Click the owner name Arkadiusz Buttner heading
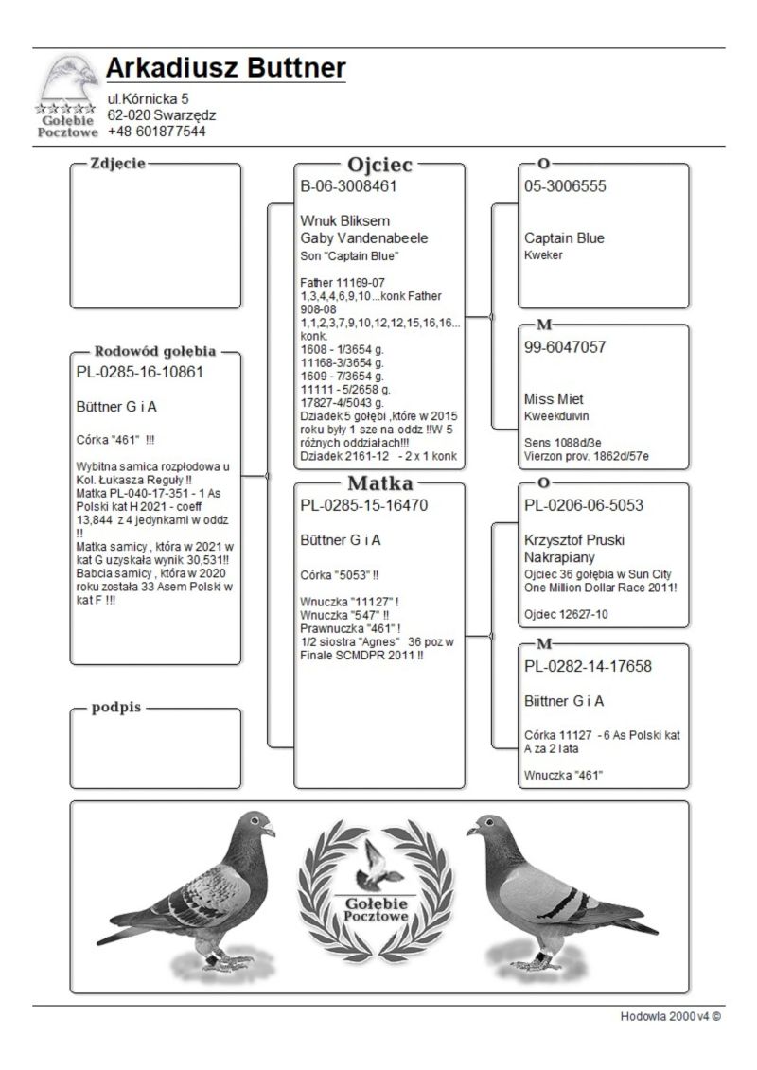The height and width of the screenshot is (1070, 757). tap(225, 68)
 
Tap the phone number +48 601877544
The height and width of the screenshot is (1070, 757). tap(156, 132)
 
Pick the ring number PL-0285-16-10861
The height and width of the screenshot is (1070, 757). tap(139, 372)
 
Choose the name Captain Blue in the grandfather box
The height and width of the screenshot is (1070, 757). tap(564, 237)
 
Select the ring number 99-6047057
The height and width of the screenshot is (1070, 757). tap(565, 347)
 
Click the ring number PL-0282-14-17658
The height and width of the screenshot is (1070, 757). tap(588, 666)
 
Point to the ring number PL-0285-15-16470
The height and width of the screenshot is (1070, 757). tap(364, 505)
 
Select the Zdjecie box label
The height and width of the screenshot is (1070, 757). tap(117, 164)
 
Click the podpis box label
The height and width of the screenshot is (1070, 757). tap(117, 708)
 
